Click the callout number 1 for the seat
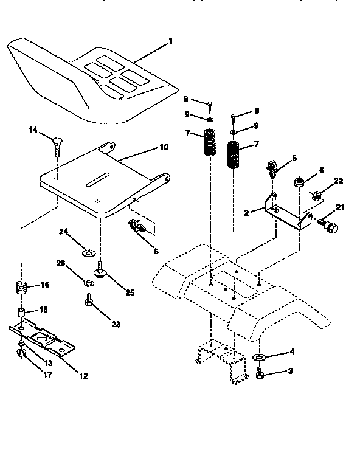pyautogui.click(x=171, y=41)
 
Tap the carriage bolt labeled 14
pyautogui.click(x=55, y=145)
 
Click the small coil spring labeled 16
pyautogui.click(x=21, y=286)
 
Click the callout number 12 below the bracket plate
pyautogui.click(x=84, y=376)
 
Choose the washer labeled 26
pyautogui.click(x=89, y=283)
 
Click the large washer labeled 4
pyautogui.click(x=260, y=356)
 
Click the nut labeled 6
pyautogui.click(x=299, y=182)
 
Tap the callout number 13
pyautogui.click(x=48, y=362)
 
